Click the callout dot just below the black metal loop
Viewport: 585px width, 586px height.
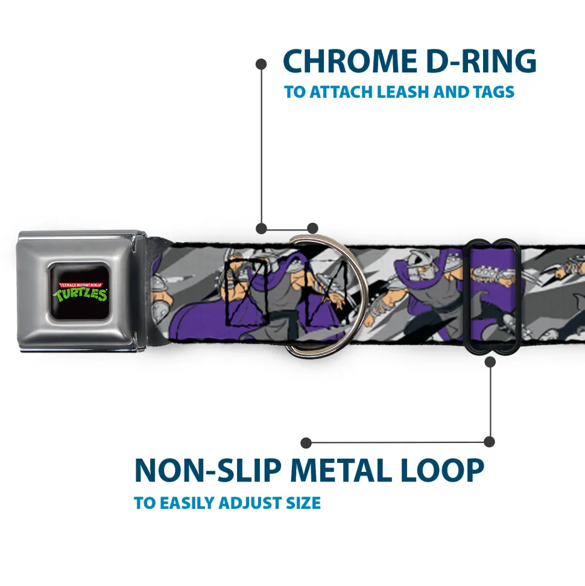pyautogui.click(x=490, y=361)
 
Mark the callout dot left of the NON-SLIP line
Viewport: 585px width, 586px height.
pyautogui.click(x=306, y=443)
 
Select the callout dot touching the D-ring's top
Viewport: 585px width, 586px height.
pyautogui.click(x=312, y=228)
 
